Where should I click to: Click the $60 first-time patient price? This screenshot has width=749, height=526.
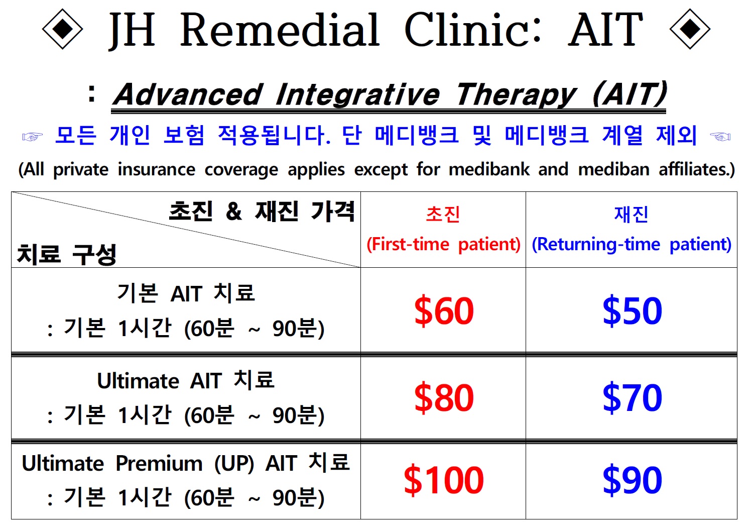[x=444, y=310]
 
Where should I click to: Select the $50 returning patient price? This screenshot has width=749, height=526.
[x=632, y=310]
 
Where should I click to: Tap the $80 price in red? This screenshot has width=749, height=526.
[x=444, y=397]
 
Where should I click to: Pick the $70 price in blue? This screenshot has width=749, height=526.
[x=632, y=397]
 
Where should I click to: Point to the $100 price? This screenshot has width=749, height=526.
[x=444, y=480]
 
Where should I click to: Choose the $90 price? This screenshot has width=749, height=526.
[x=632, y=480]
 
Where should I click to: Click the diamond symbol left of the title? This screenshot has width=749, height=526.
[x=63, y=29]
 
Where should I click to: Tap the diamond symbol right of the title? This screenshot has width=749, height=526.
[x=690, y=29]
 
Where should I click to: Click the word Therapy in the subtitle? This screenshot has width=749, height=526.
[x=517, y=95]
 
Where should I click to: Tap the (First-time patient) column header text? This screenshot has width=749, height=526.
[x=444, y=244]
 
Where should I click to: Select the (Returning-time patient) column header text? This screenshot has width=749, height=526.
[x=632, y=244]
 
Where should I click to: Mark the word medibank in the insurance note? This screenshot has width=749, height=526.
[x=489, y=169]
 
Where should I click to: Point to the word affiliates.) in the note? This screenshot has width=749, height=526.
[x=697, y=169]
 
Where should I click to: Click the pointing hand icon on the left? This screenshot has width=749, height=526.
[x=33, y=137]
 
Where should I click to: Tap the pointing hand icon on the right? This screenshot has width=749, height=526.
[x=720, y=137]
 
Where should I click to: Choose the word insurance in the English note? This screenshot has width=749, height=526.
[x=157, y=169]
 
